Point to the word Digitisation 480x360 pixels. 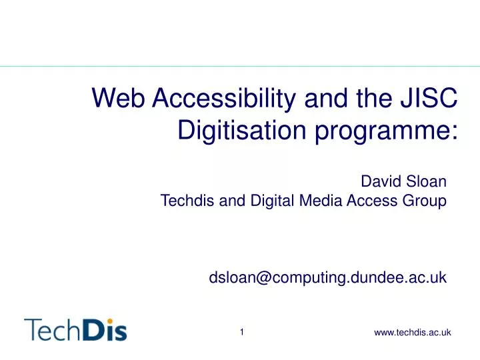click(246, 131)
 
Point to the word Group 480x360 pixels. click(427, 199)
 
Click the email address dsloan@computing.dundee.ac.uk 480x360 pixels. click(327, 277)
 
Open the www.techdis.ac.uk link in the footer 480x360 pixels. click(413, 332)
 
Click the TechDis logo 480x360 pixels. click(75, 329)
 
